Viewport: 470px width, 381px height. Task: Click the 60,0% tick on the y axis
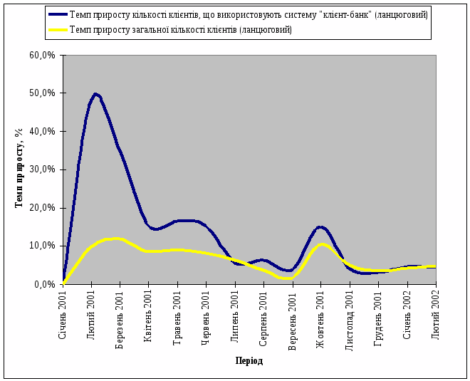pos(43,55)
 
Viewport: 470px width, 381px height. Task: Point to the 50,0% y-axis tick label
pos(43,93)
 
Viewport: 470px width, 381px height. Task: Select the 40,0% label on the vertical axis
pos(43,131)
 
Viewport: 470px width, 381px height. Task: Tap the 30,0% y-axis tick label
pos(43,169)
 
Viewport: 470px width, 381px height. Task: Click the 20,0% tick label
pos(43,208)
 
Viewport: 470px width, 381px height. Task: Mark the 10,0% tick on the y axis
pos(43,246)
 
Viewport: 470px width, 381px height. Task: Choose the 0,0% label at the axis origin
pos(46,284)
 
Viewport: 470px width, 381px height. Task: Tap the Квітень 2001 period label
pos(149,313)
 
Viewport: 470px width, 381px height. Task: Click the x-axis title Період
pos(249,361)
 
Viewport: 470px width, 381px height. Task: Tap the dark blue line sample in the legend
pos(58,14)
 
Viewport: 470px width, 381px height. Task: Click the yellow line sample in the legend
pos(58,29)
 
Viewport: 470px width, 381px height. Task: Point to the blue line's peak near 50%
pos(95,94)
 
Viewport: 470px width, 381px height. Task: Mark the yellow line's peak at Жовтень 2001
pos(322,244)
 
